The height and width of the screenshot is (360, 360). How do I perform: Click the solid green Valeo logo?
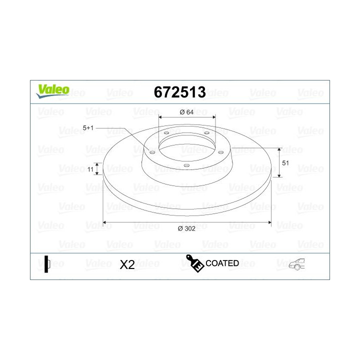coord(52,90)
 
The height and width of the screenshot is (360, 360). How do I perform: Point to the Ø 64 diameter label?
coord(186,112)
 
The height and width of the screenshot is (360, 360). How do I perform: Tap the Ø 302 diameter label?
coord(186,228)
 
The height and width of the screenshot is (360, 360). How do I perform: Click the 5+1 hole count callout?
coord(88,128)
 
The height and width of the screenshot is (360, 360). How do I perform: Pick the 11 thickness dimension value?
coord(90,169)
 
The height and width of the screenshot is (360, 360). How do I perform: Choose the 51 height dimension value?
coord(285,163)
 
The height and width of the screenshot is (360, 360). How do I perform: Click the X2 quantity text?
coord(127,265)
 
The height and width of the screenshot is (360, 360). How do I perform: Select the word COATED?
coord(222,263)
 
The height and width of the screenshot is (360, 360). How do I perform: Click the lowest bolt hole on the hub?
coord(186,165)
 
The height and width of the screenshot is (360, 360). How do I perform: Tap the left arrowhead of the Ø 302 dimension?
coord(104,221)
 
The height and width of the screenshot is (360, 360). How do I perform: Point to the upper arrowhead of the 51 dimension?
coord(279,149)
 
